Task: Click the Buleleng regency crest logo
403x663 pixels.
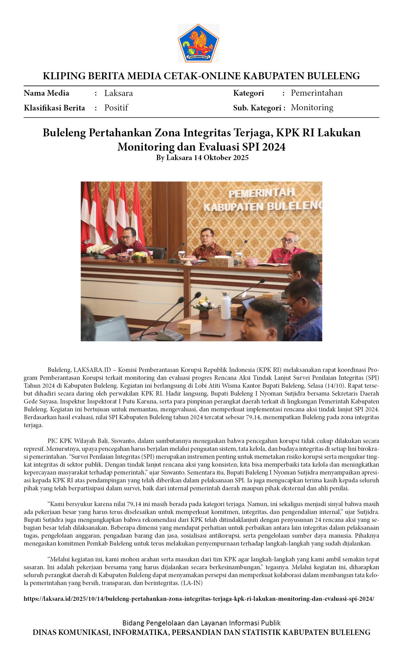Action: [198, 43]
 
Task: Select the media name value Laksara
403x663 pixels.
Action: [119, 93]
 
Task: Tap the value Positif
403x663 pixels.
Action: [116, 108]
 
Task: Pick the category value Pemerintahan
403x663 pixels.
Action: [316, 93]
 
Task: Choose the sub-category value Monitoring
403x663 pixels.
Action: [312, 108]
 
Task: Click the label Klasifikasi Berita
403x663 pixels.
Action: [54, 108]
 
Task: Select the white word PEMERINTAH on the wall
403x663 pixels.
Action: [261, 193]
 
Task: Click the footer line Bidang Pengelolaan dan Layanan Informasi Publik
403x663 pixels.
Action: [201, 623]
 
